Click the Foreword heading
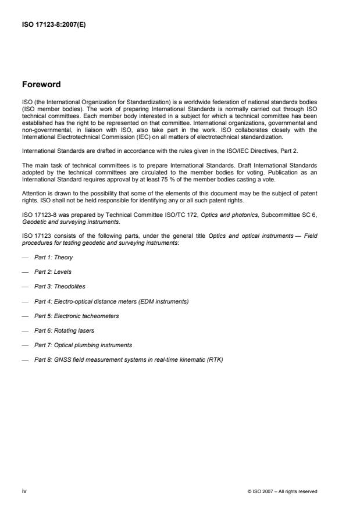(41, 84)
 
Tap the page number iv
(24, 491)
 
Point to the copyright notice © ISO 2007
(282, 492)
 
